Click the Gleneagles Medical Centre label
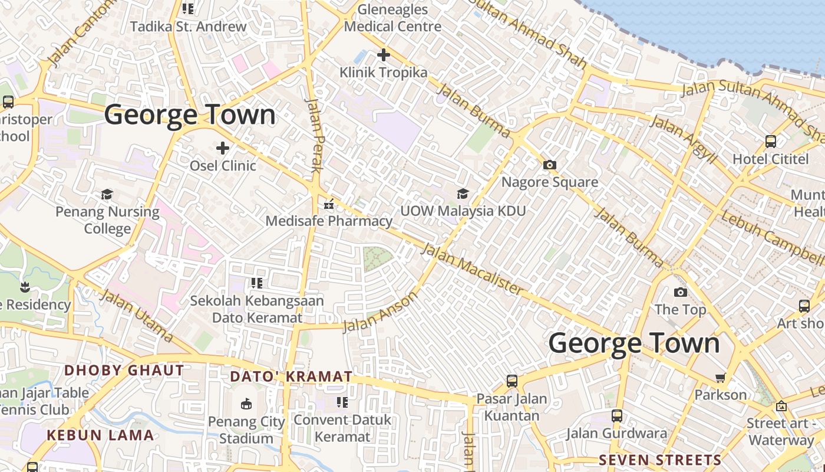(x=392, y=18)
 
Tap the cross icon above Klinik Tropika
(x=384, y=55)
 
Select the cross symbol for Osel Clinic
(x=223, y=147)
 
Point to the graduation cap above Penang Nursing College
(x=107, y=194)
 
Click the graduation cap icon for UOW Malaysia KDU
(x=463, y=194)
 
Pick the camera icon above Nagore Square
(x=550, y=165)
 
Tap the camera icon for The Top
(x=680, y=292)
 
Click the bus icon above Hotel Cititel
(x=770, y=142)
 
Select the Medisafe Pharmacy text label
(x=329, y=221)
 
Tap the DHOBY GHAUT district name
(x=124, y=371)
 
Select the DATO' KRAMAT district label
(x=291, y=376)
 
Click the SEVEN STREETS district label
(x=660, y=460)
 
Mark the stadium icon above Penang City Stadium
(x=246, y=404)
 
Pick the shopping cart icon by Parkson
(x=720, y=378)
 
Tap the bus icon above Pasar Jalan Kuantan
(x=511, y=381)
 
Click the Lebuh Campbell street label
(x=773, y=237)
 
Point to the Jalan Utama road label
(x=137, y=316)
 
